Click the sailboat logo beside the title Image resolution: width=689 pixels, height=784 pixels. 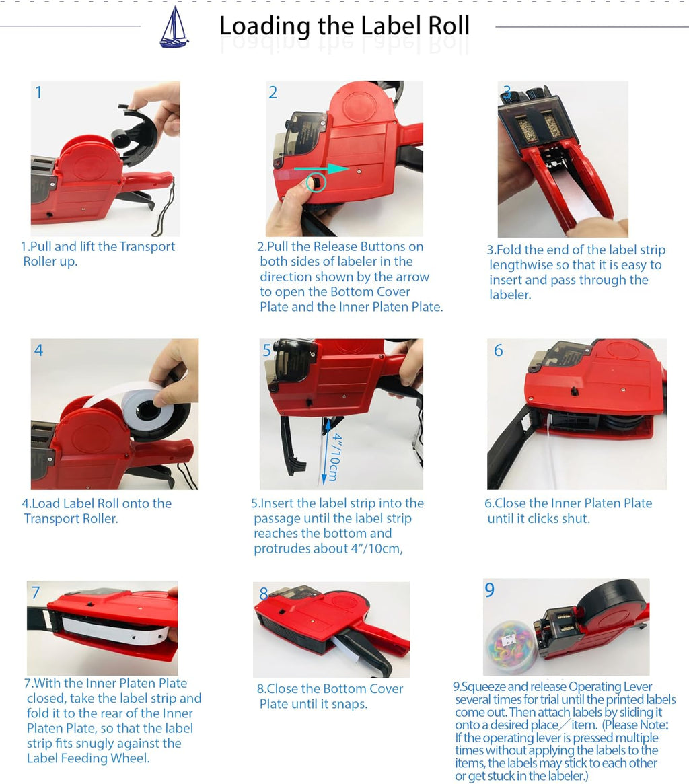coord(174,28)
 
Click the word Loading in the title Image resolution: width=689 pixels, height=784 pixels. coord(264,26)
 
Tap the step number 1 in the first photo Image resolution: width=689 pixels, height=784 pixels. coord(38,92)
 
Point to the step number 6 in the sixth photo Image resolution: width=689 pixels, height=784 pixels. coord(499,351)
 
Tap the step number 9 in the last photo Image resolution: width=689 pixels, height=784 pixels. coord(490,590)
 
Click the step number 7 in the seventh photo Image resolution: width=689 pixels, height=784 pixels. coord(36,592)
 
